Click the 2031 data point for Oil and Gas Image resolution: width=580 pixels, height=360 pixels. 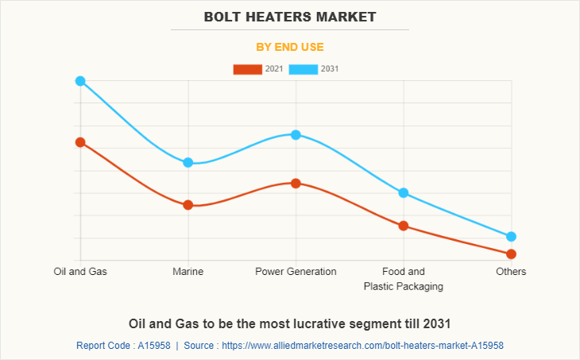(x=80, y=81)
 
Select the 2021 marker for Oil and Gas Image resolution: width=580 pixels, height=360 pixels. (x=80, y=142)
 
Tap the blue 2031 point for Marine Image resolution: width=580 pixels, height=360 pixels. (x=188, y=162)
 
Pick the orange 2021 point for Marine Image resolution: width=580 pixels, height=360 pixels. (x=188, y=205)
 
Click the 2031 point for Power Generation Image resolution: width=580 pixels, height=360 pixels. (x=296, y=134)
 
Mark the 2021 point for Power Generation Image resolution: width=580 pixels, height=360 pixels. (x=296, y=183)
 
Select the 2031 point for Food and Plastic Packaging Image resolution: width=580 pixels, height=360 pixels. (x=404, y=193)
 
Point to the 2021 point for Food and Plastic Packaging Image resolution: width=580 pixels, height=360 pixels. (x=404, y=226)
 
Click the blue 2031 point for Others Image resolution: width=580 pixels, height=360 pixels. (x=511, y=236)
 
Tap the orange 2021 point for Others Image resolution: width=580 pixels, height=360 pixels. (x=511, y=254)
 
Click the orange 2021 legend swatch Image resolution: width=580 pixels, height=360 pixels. (x=247, y=69)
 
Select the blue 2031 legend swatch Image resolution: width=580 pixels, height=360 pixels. (x=304, y=69)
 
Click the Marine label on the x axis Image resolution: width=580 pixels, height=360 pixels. (x=188, y=272)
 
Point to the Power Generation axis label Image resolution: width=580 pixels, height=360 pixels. (x=296, y=272)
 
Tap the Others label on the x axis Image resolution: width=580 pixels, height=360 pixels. (x=511, y=272)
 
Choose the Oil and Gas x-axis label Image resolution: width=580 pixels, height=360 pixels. (x=80, y=272)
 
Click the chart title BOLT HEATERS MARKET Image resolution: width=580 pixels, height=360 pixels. (x=290, y=17)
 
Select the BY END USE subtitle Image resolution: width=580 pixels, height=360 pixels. (x=290, y=47)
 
